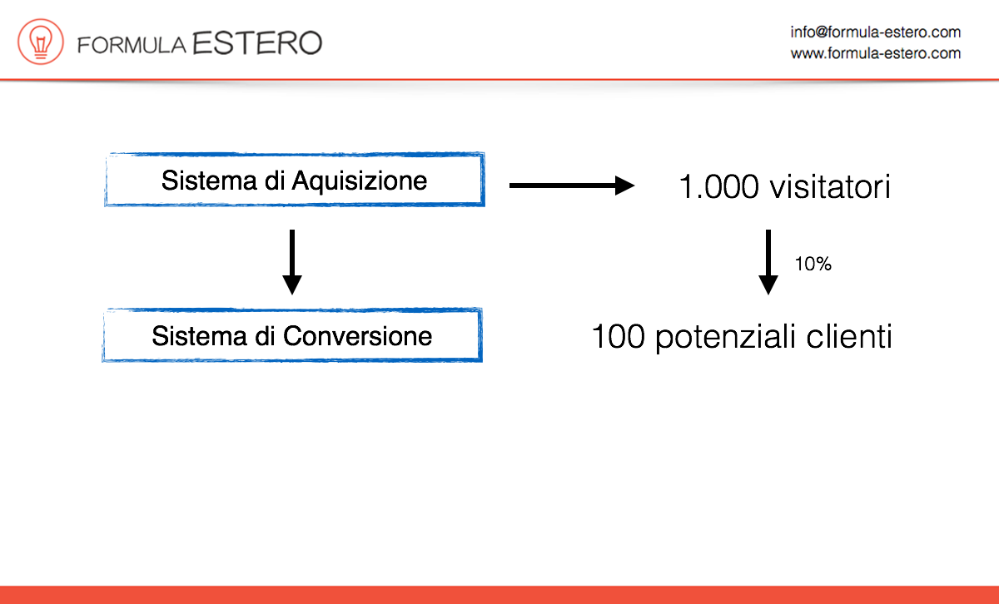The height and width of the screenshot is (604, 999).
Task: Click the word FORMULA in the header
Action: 132,45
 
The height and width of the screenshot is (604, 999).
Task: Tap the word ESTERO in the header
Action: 257,43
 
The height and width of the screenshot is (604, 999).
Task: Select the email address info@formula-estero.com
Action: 876,32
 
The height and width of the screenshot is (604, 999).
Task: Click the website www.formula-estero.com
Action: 876,53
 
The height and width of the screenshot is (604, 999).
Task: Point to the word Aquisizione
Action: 360,181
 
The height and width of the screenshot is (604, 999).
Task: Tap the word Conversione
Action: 358,336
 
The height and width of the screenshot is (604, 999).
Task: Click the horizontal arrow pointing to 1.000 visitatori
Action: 572,186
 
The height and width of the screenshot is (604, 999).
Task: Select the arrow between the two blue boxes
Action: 292,262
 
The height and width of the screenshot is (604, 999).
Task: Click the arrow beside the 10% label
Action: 768,262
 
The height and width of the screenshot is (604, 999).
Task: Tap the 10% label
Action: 813,264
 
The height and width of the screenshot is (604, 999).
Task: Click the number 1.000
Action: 718,186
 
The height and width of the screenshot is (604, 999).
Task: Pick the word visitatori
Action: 831,186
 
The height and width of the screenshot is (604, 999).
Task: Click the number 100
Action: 619,337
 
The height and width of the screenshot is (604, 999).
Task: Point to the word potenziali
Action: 726,338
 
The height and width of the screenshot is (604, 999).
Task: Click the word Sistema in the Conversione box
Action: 199,336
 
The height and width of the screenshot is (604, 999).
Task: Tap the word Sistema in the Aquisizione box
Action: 209,181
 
